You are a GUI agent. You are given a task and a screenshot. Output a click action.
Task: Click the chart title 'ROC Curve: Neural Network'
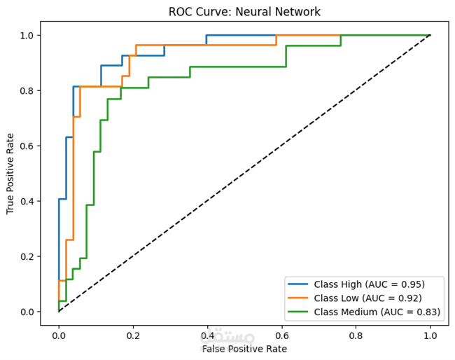(244, 12)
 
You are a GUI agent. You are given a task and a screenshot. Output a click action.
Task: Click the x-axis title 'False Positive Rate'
(244, 348)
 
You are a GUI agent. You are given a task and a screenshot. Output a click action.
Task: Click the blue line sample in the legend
(299, 284)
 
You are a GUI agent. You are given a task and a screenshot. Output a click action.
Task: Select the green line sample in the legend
(299, 312)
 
